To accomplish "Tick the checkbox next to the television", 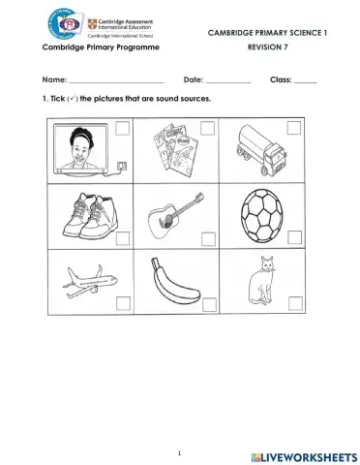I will pos(122,127).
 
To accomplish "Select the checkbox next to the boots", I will pos(122,235).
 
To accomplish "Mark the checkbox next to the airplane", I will pos(122,303).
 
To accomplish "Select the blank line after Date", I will pos(228,79).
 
